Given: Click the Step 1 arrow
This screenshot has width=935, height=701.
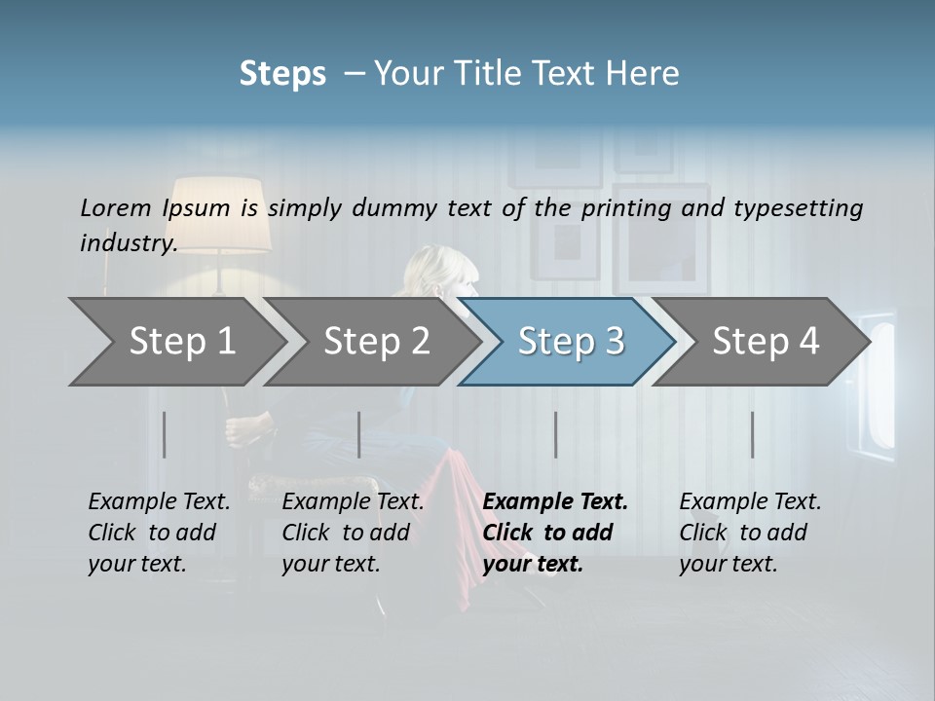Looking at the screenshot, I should [x=181, y=342].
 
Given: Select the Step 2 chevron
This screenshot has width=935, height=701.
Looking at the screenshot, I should [x=376, y=342].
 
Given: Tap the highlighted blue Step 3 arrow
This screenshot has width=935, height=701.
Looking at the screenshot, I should [x=570, y=342].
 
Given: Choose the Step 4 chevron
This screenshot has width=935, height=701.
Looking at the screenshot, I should [x=765, y=342].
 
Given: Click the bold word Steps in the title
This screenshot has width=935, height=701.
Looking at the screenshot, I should [x=282, y=74].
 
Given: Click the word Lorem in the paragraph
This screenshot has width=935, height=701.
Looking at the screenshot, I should [x=116, y=207].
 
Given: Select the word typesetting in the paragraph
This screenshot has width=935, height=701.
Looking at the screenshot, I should [x=798, y=207].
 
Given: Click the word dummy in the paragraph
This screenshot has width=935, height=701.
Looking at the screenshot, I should [x=398, y=207].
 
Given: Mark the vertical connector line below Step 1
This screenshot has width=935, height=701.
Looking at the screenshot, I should [x=165, y=434].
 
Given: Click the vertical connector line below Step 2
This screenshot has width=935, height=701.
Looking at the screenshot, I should [x=359, y=434].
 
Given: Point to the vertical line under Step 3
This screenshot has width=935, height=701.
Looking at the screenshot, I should [x=556, y=434].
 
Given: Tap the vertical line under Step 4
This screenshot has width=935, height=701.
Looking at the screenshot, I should [x=752, y=434].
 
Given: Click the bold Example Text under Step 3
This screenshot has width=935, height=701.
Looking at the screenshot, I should [x=555, y=502].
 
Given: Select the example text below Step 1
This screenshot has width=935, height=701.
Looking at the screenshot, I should [x=159, y=532].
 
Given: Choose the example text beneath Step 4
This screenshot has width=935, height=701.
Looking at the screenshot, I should [x=749, y=532].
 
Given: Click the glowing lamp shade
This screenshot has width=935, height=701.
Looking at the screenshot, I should [x=221, y=212].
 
